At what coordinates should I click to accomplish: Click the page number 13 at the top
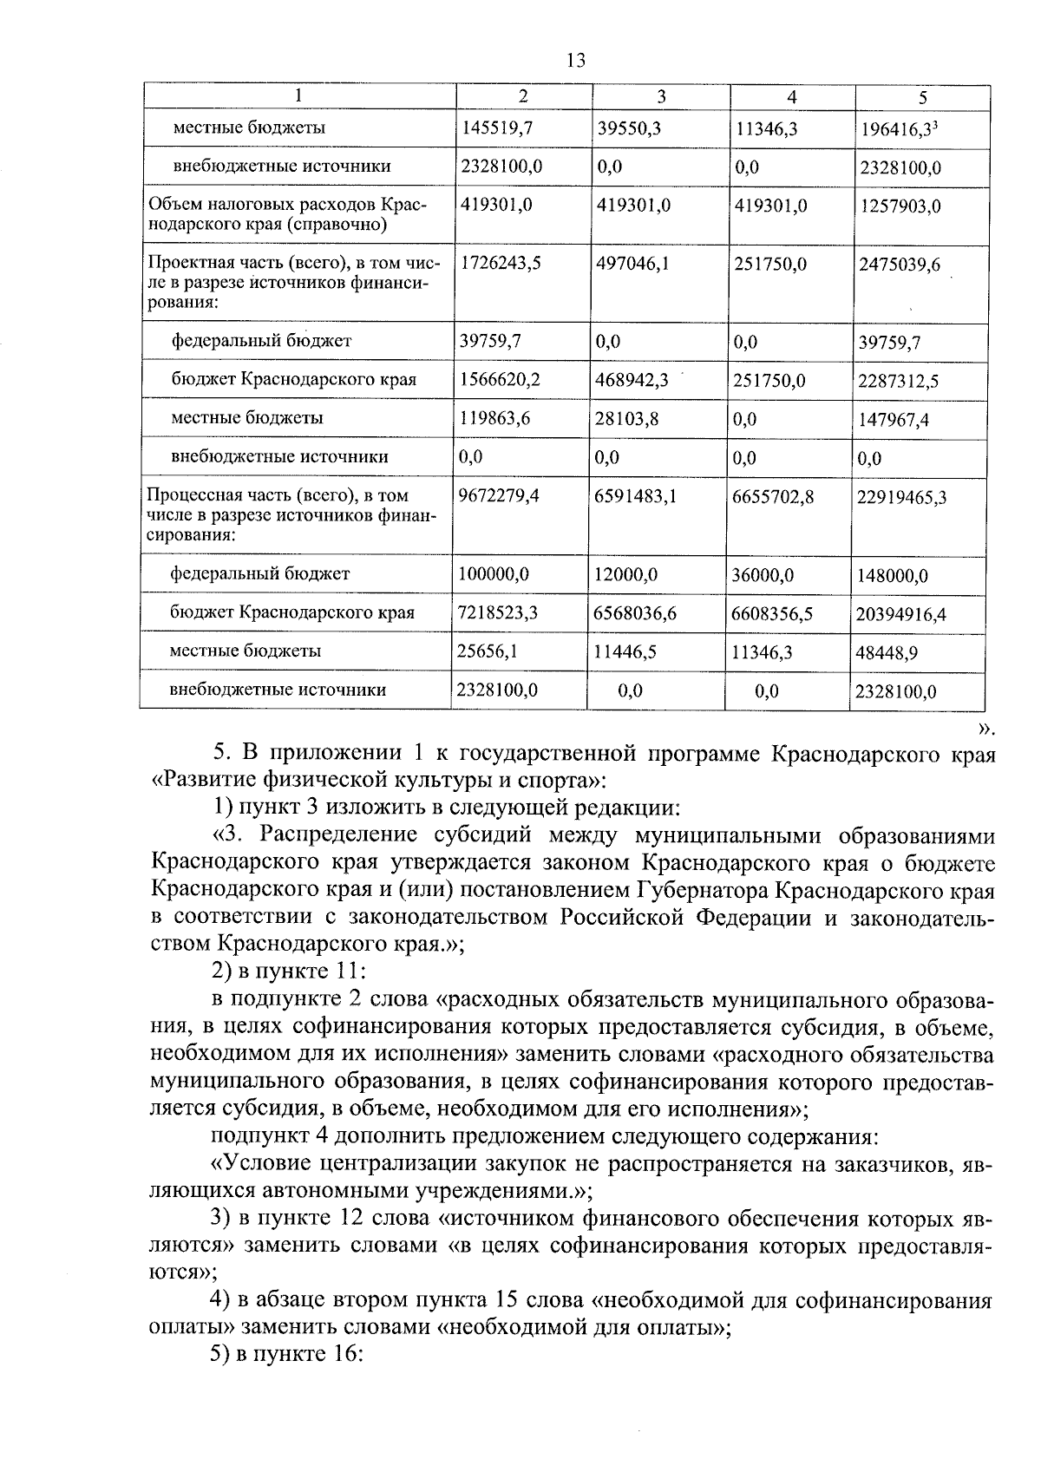(575, 60)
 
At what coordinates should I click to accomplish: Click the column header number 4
(791, 97)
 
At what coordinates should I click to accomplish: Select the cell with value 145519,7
(496, 128)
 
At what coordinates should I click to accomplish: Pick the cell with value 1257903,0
(900, 206)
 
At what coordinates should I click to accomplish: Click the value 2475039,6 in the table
(899, 265)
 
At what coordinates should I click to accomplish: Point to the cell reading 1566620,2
(500, 380)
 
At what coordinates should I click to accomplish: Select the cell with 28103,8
(627, 418)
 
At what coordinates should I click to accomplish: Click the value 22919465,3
(901, 498)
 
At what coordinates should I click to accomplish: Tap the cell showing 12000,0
(625, 574)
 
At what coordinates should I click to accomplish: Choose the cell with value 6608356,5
(772, 613)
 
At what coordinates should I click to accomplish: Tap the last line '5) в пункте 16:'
(285, 1356)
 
